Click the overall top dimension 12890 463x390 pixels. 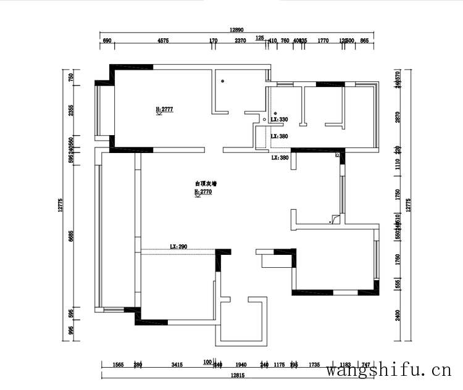[x=238, y=30]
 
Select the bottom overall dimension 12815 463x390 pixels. [x=238, y=376]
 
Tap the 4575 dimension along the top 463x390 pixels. [x=163, y=41]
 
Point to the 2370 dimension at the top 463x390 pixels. [x=240, y=41]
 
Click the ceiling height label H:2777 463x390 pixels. [x=164, y=109]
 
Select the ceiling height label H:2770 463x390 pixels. [x=203, y=192]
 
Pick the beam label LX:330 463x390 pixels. [x=280, y=119]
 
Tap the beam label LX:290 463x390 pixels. [x=178, y=246]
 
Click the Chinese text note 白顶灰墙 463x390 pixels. [x=206, y=183]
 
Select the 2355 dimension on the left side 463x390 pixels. [x=71, y=110]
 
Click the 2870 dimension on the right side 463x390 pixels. [x=398, y=117]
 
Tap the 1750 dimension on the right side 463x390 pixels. [x=398, y=193]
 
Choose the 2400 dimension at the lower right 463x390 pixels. [x=398, y=315]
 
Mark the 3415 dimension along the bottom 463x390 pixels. [x=177, y=365]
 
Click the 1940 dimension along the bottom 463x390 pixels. [x=241, y=365]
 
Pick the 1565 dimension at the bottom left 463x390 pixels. [x=119, y=365]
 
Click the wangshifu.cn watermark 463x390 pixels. [x=388, y=370]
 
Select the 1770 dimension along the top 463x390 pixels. [x=323, y=41]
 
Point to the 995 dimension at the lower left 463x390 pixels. [x=71, y=331]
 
